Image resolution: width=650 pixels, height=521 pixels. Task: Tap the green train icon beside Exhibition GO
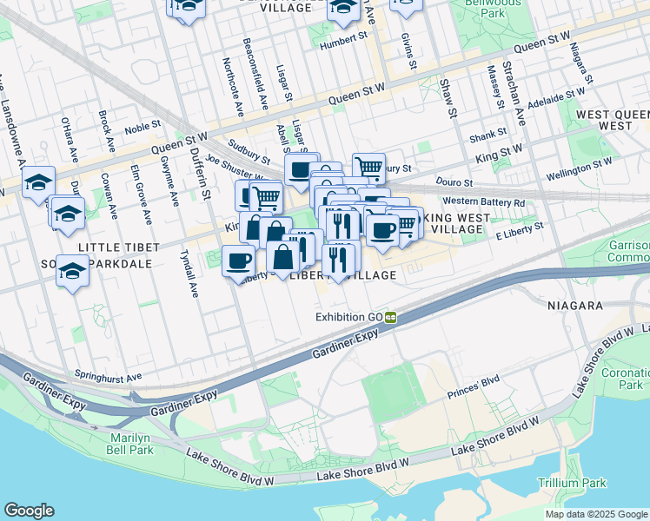pyautogui.click(x=392, y=317)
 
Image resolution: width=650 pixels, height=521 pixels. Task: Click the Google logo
pyautogui.click(x=29, y=511)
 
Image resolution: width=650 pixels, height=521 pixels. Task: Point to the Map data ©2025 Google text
pyautogui.click(x=595, y=514)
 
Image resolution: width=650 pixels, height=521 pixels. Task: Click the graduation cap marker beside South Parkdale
pyautogui.click(x=72, y=272)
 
